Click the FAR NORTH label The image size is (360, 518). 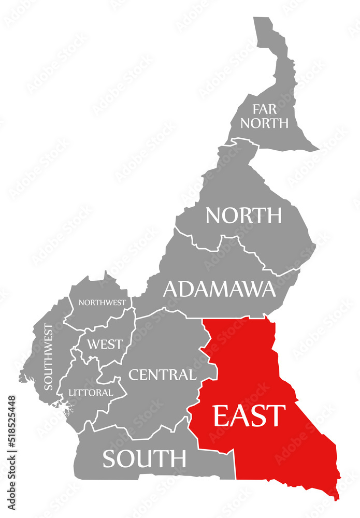[x=264, y=116]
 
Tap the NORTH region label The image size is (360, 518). [x=243, y=215]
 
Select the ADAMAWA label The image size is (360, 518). [x=219, y=289]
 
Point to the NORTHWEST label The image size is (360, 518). [x=102, y=302]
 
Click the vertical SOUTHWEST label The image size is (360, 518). [x=48, y=356]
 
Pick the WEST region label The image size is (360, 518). [x=105, y=344]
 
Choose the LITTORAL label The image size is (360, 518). [x=91, y=393]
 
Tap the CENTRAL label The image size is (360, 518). [x=162, y=374]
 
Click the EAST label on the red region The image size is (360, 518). [x=249, y=415]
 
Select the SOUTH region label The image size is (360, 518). [x=144, y=458]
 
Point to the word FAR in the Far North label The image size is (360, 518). [x=264, y=109]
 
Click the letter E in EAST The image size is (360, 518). [x=221, y=415]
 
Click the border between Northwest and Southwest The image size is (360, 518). [x=68, y=311]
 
